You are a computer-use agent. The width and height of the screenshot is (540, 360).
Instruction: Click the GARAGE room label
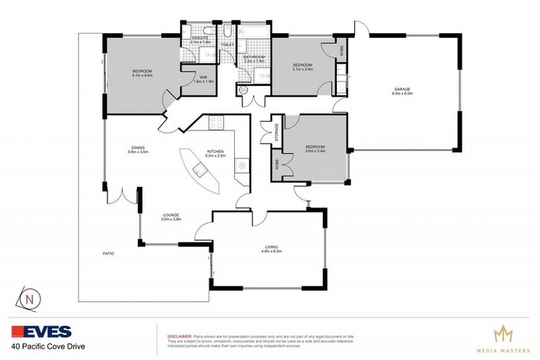[x=402, y=89]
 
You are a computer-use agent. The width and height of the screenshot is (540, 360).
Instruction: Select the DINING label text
[x=137, y=147]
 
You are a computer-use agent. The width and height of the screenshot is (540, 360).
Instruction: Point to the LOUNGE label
[x=172, y=215]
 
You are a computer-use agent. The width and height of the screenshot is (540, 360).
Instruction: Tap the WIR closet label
[x=202, y=77]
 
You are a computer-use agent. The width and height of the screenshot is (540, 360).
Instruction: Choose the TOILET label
[x=227, y=45]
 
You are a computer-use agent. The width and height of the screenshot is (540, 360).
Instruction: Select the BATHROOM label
[x=253, y=57]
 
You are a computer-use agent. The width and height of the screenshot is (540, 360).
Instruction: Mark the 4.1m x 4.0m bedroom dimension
[x=142, y=75]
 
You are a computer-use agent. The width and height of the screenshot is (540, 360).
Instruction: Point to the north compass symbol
[x=29, y=299]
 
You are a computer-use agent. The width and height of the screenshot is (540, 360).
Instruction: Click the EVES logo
[x=41, y=332]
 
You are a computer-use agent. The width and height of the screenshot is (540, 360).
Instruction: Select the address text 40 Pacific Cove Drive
[x=44, y=347]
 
